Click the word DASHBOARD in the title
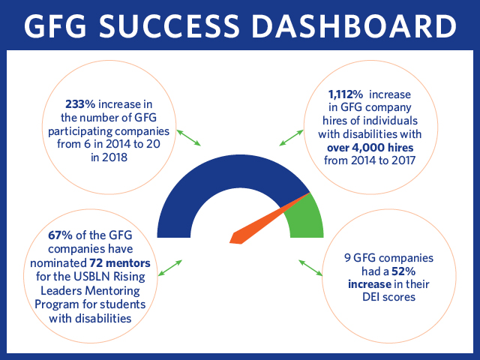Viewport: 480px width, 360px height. [354, 25]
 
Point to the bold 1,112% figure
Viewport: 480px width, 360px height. [346, 94]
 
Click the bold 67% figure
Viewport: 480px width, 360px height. [60, 235]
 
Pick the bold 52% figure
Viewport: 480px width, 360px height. [403, 271]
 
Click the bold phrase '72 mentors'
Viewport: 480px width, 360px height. [120, 263]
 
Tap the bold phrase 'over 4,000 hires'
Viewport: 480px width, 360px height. [370, 148]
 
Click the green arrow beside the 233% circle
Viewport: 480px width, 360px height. [188, 137]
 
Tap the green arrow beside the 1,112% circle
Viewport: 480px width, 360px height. [291, 138]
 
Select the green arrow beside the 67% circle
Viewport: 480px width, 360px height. [170, 268]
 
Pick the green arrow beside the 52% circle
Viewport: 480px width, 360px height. [310, 268]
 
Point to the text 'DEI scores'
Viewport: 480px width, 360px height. [388, 297]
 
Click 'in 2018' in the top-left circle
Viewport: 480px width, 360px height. [109, 157]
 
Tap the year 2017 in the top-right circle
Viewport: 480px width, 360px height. [402, 160]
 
